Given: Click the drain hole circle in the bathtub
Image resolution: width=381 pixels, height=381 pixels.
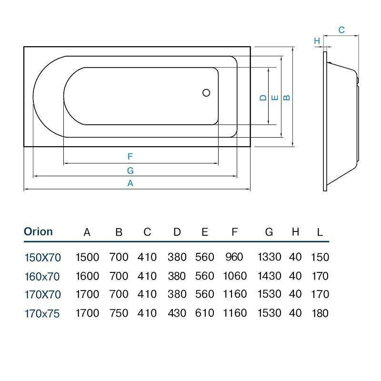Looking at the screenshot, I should [x=206, y=93].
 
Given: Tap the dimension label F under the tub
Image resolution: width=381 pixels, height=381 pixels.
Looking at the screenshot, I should [x=130, y=156].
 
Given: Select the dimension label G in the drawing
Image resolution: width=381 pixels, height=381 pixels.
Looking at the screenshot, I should [x=130, y=170].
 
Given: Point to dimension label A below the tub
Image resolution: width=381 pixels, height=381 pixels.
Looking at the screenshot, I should [x=130, y=183].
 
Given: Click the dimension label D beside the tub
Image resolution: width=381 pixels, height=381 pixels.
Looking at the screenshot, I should [x=262, y=98].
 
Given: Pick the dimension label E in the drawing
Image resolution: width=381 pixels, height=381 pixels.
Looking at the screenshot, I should [x=274, y=98].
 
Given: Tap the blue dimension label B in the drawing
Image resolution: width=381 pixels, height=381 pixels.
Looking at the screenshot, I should [x=286, y=98].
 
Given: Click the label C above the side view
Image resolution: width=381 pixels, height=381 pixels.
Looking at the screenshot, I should [x=341, y=30].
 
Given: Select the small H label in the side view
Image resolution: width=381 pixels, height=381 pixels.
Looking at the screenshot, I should [x=317, y=41].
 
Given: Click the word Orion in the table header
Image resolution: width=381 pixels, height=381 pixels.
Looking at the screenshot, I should [x=38, y=232].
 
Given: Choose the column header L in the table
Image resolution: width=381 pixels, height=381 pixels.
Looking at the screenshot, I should [x=320, y=232].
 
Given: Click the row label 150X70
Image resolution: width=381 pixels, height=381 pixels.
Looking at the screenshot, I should [x=43, y=258].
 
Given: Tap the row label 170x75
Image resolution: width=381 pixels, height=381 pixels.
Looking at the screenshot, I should [x=43, y=313].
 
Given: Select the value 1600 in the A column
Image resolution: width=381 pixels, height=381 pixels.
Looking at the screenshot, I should [x=88, y=276].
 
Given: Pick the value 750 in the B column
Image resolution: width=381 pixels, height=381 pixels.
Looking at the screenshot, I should [x=119, y=313].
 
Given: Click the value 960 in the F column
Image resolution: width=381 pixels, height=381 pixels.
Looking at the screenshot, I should [x=234, y=258].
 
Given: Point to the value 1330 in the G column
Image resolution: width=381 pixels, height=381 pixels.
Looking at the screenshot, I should [x=269, y=258].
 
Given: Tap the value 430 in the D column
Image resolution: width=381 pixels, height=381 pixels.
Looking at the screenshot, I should [x=177, y=313].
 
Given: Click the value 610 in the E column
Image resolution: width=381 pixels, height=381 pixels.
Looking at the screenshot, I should [x=205, y=313].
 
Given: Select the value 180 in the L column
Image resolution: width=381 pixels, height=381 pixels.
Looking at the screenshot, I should [x=320, y=313].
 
